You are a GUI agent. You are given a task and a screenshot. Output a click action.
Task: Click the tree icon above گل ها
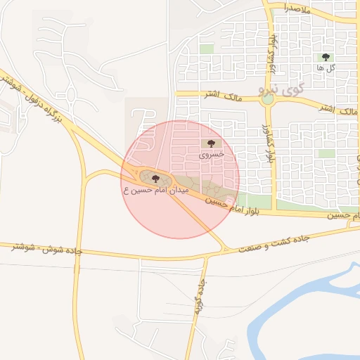(x=325, y=57)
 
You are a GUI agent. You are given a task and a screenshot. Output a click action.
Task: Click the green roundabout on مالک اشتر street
(x=267, y=100)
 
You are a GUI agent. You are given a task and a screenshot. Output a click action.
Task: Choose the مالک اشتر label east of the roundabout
(x=335, y=109)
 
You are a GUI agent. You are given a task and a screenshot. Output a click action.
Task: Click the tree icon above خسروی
(x=211, y=143)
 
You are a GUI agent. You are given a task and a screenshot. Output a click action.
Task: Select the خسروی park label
(x=211, y=153)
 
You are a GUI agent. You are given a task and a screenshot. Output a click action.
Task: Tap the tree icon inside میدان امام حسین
(x=155, y=179)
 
